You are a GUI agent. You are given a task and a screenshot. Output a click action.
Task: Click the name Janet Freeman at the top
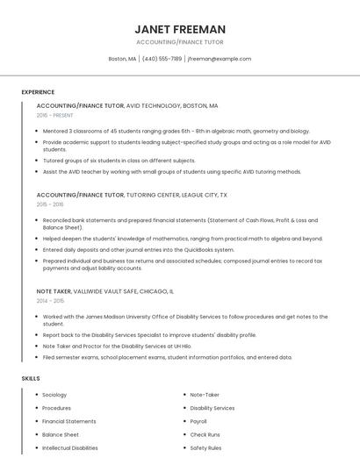tap(180, 29)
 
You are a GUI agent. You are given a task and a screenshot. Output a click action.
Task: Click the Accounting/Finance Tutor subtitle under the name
tap(180, 42)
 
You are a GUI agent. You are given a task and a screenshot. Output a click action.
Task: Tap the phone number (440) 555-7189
tap(162, 59)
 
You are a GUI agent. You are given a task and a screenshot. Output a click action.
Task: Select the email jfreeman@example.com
tap(220, 59)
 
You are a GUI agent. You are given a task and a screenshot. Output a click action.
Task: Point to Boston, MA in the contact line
tap(122, 59)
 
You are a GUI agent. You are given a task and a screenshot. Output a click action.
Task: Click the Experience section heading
tap(38, 92)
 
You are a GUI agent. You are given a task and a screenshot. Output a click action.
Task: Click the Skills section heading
tap(31, 378)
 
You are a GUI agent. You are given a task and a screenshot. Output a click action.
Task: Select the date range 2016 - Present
tap(54, 115)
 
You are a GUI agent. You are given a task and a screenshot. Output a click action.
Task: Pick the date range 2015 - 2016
tap(50, 204)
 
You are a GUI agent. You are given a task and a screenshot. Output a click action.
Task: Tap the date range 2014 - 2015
tap(50, 300)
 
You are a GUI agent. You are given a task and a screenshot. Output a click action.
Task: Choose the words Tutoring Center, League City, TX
tap(176, 194)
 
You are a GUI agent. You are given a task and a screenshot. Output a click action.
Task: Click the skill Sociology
tap(54, 395)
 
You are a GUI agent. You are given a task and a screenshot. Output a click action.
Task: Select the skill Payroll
tap(198, 421)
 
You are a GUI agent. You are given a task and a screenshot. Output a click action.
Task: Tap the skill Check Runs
tap(205, 434)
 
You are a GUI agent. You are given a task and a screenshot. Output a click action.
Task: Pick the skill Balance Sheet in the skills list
tap(60, 434)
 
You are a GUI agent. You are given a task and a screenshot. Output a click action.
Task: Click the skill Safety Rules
tap(205, 447)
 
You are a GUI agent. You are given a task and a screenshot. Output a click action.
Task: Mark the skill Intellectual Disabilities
tap(70, 447)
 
